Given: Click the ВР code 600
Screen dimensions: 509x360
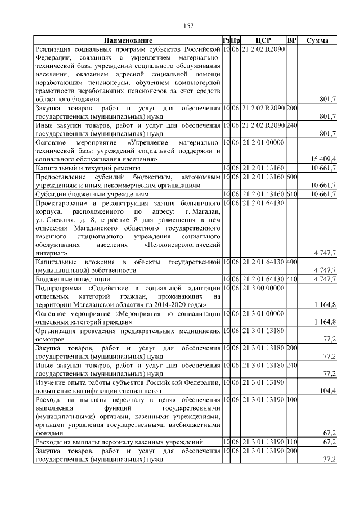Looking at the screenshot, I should (x=291, y=177).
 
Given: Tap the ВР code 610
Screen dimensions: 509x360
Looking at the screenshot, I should (x=291, y=194).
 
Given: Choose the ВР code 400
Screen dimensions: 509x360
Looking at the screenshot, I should (x=291, y=262).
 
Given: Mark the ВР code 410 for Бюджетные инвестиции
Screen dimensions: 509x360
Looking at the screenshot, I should (x=291, y=279).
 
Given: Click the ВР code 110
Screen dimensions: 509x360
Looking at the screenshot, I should (x=291, y=443).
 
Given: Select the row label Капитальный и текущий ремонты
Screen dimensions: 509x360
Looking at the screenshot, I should (x=88, y=168).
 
